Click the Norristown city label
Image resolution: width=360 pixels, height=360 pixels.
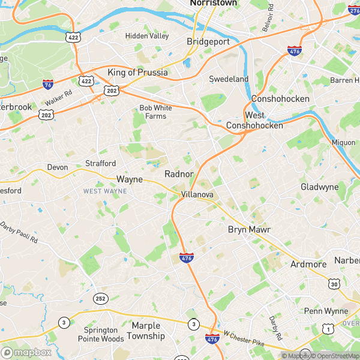coord(213,3)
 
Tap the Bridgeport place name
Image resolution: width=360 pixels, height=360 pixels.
coord(208,41)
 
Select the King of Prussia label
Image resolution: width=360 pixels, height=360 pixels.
coord(137,73)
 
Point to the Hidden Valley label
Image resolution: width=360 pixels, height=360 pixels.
coord(147,36)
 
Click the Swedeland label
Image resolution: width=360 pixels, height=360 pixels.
coord(229,79)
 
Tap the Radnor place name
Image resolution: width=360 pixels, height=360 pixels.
coord(179,174)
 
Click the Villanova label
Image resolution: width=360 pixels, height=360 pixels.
coord(197,195)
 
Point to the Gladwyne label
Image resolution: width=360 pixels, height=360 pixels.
coord(319,187)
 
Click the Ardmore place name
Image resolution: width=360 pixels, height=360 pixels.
coord(308,264)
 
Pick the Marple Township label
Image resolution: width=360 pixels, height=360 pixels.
coord(148,331)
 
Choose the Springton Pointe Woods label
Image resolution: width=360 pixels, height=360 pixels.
coord(101,334)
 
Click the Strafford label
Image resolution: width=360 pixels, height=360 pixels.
coord(100,163)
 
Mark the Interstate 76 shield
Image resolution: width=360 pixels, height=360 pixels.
coord(48,85)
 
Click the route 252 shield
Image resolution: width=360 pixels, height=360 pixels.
coord(100,298)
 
